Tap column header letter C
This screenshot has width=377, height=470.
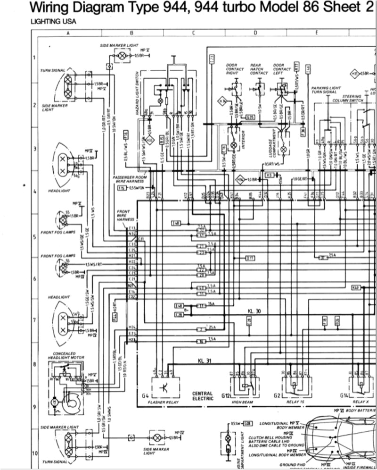point(193,33)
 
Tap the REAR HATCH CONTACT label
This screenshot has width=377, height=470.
point(259,69)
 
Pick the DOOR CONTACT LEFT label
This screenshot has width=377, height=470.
point(281,69)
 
